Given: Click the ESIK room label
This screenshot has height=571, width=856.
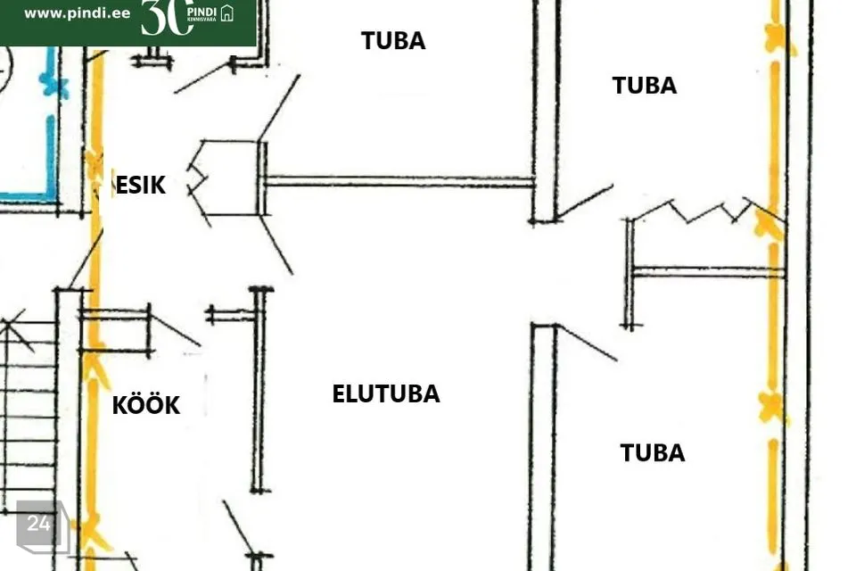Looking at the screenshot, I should (x=141, y=186).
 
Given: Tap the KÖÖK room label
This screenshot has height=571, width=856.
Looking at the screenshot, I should (x=145, y=405).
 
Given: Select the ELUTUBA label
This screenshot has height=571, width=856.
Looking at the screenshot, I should (x=385, y=394).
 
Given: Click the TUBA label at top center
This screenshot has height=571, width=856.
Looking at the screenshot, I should (x=393, y=41).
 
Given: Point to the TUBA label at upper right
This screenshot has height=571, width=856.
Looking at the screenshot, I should (x=644, y=86).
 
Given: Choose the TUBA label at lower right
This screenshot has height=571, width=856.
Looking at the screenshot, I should (x=653, y=453).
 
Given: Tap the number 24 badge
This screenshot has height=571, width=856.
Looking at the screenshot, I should (x=38, y=524).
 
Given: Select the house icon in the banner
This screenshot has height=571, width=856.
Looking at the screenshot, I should (x=227, y=13).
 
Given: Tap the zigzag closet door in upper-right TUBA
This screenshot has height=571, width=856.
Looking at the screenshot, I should (x=695, y=212).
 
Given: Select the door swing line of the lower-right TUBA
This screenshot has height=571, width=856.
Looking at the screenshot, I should (x=587, y=343).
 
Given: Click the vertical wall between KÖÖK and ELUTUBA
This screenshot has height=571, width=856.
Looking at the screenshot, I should (x=259, y=389).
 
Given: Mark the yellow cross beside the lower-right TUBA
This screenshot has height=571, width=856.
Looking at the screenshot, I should (x=772, y=407).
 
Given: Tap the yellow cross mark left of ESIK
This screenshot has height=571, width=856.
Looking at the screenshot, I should (x=94, y=163).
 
